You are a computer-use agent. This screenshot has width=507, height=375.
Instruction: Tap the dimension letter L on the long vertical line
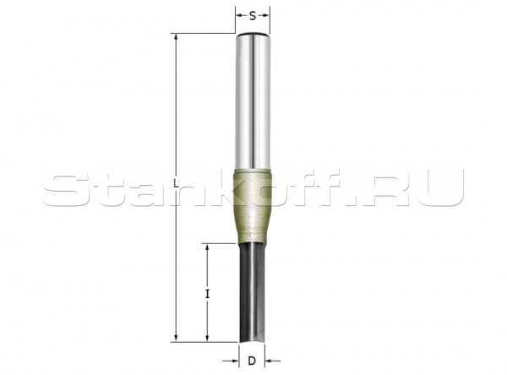175,184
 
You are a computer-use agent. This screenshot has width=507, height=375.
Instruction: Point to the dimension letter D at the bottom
252,361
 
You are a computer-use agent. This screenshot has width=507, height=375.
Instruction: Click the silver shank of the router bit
253,101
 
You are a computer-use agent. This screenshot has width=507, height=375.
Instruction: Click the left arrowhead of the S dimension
238,15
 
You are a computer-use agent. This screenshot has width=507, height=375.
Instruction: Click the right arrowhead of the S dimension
269,15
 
